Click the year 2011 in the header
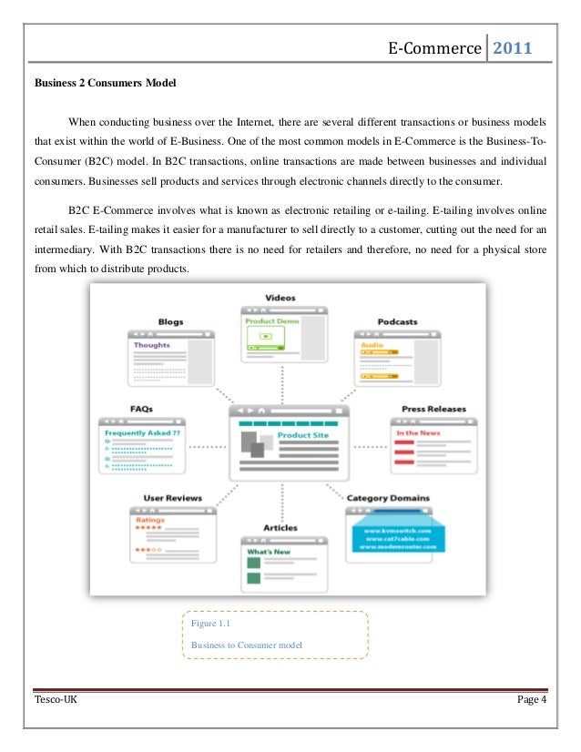[513, 48]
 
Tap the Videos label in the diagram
[280, 298]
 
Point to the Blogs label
[170, 321]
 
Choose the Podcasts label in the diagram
[397, 321]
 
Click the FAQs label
[141, 409]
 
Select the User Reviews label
[172, 498]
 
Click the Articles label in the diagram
[280, 527]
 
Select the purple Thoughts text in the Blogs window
[152, 346]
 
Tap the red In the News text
[420, 433]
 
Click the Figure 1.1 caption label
[211, 624]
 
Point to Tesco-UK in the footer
[55, 699]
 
